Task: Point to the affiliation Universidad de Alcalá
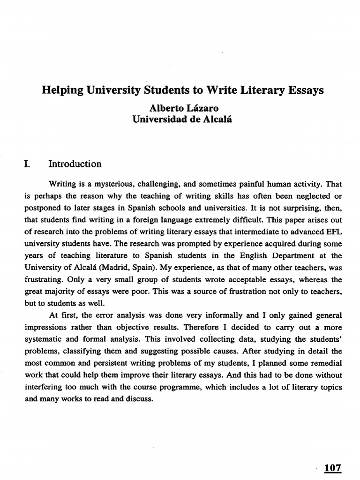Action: point(182,119)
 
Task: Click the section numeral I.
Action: point(26,164)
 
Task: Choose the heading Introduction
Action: point(75,164)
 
